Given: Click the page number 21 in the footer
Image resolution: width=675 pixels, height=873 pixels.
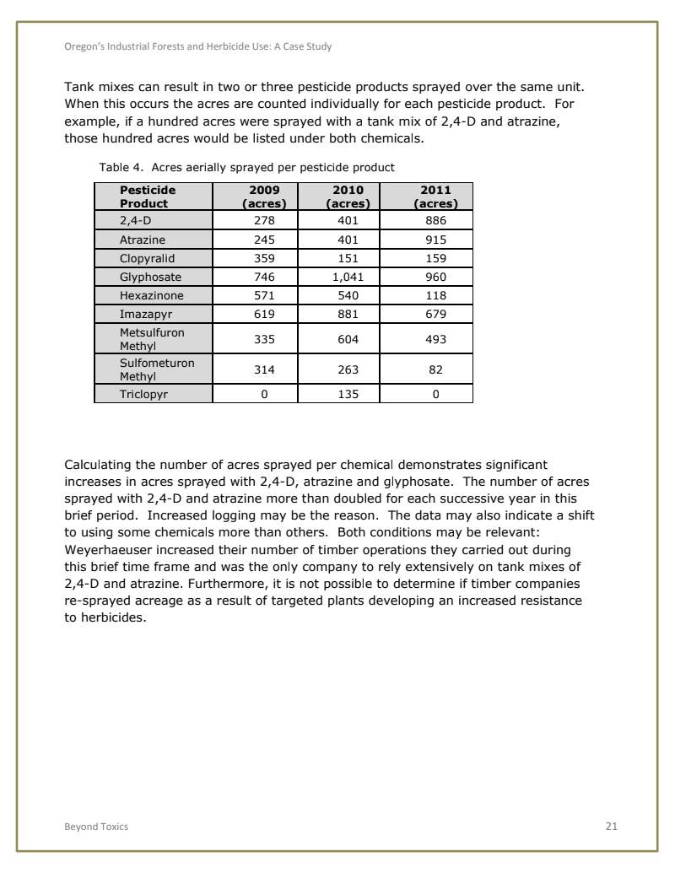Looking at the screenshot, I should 612,827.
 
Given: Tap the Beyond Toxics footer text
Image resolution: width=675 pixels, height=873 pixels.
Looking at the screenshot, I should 96,827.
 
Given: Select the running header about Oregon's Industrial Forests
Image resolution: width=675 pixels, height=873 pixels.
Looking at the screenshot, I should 198,46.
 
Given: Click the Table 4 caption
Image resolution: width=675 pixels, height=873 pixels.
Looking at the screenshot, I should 246,167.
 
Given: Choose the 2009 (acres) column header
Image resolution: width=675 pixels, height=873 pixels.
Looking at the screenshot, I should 265,197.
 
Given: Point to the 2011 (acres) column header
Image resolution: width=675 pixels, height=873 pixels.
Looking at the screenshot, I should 435,197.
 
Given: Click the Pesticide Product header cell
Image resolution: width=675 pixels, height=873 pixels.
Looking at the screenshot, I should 148,197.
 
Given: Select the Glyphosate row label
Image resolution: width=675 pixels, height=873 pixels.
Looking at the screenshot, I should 150,276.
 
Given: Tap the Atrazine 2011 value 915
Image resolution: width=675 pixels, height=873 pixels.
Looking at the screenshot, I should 435,239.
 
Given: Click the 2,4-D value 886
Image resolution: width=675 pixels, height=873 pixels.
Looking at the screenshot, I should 435,220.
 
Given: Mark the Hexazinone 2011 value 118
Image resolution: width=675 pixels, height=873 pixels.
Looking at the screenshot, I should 435,295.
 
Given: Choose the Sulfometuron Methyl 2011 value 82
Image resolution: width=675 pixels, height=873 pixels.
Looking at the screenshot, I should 435,369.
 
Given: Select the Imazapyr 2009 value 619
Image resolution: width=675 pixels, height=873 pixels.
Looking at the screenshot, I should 265,314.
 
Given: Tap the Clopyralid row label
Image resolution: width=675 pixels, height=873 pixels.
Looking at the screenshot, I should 150,257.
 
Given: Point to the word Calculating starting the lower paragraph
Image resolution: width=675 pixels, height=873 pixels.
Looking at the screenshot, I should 98,464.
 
